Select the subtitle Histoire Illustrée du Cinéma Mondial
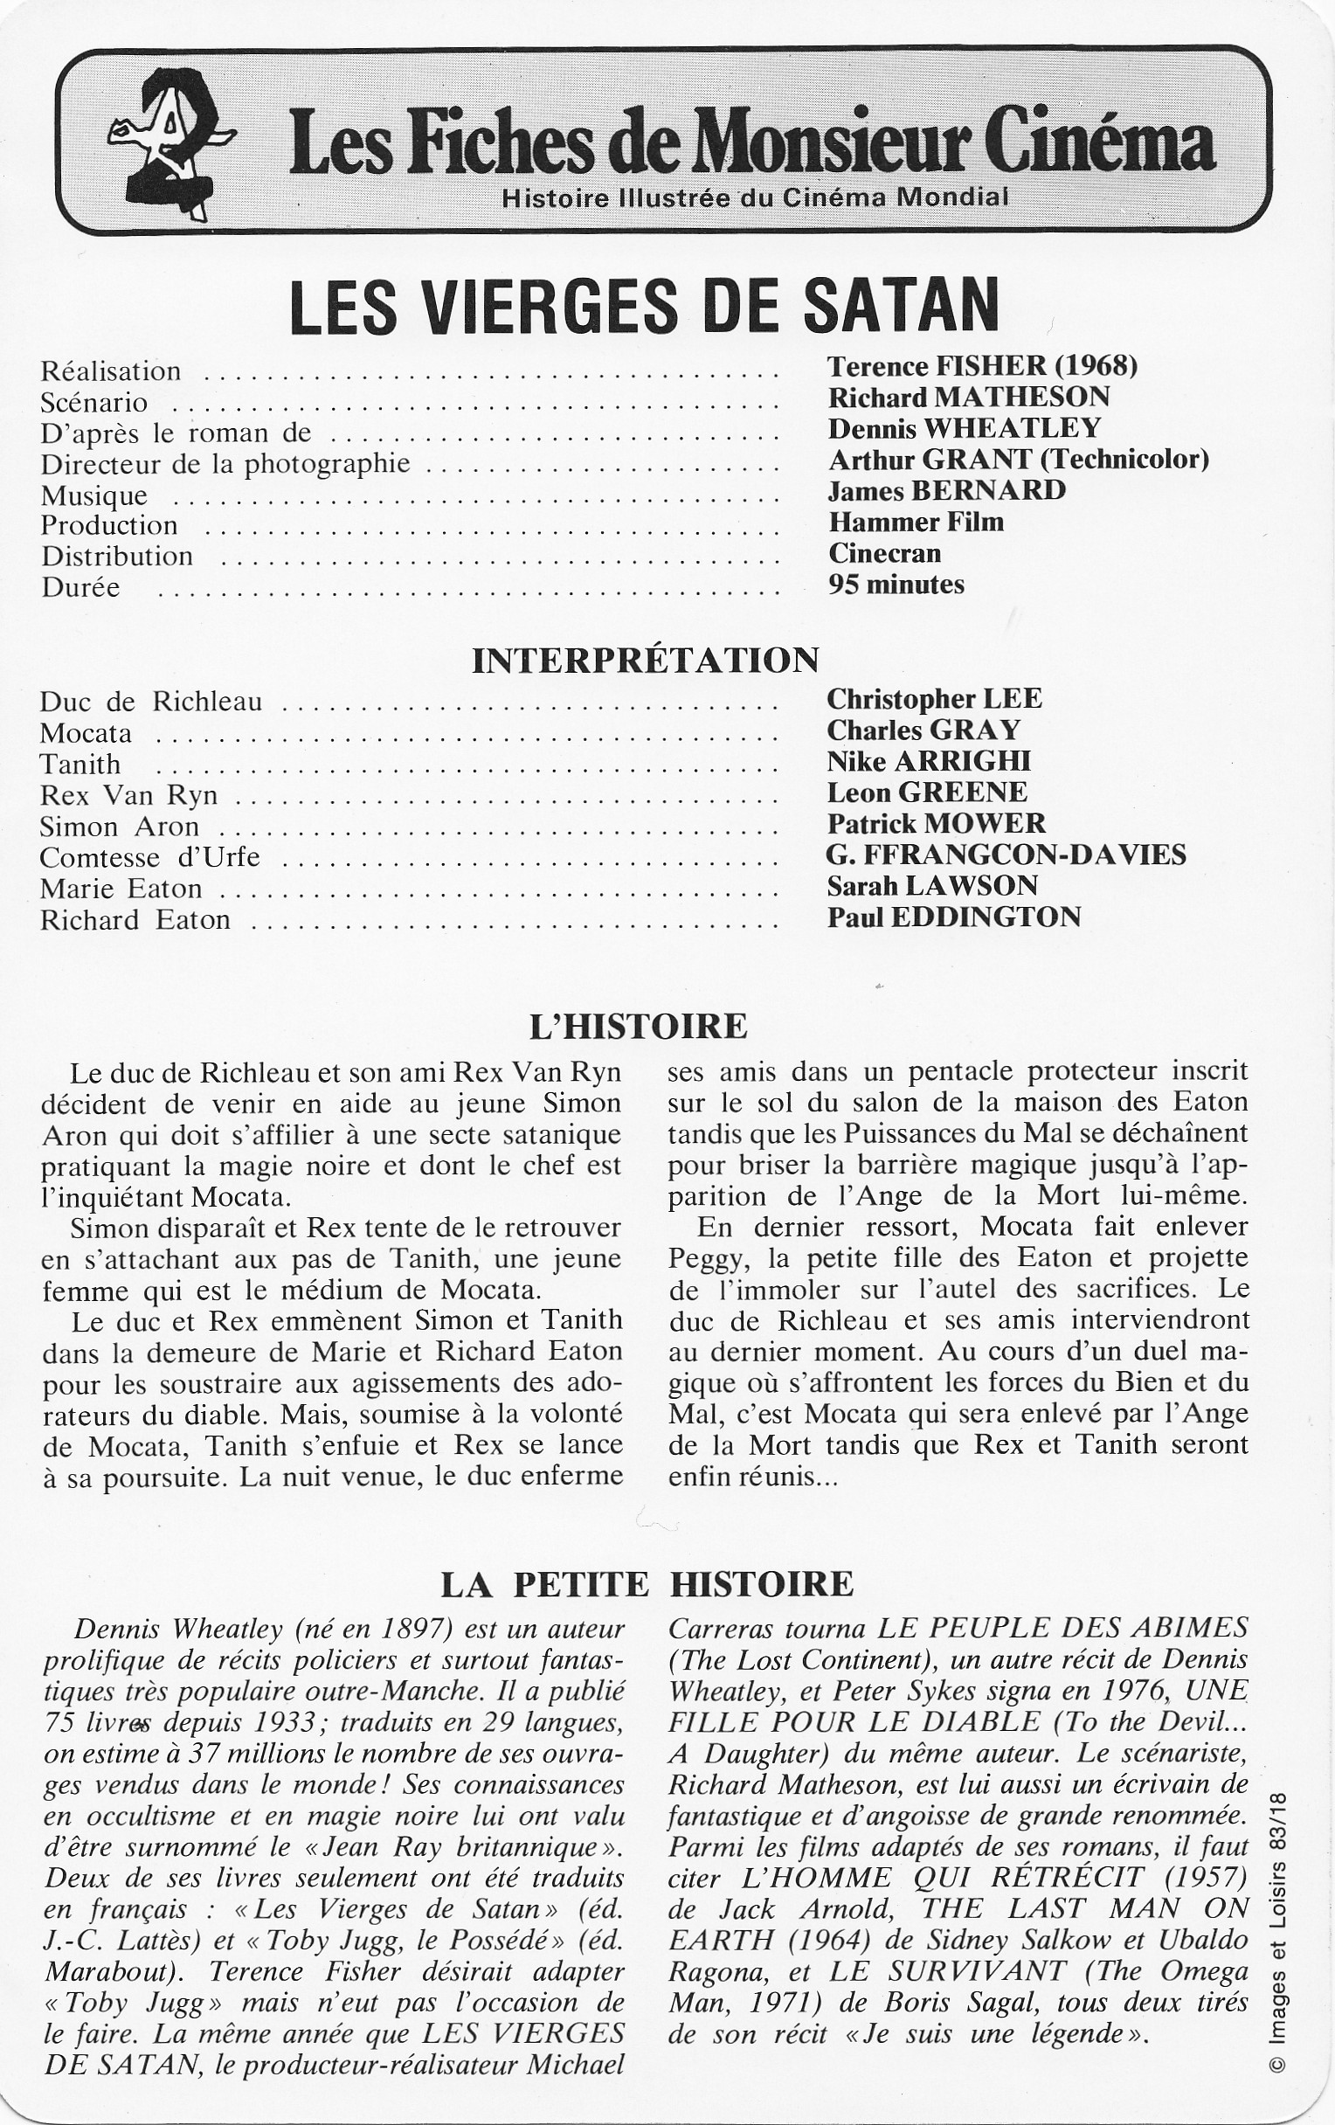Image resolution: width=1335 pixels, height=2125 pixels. click(754, 197)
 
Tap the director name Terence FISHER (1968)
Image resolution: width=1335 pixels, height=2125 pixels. click(982, 366)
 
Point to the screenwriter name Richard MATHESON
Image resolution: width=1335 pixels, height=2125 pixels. click(968, 397)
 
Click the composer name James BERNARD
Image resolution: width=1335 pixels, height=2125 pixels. click(946, 490)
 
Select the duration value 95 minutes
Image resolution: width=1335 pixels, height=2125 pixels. click(896, 585)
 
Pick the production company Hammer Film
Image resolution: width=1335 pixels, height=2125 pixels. click(916, 522)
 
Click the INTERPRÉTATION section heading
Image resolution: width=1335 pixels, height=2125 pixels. click(646, 661)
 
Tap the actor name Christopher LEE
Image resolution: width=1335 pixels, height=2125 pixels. click(934, 699)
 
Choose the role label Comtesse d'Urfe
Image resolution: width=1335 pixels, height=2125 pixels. click(150, 858)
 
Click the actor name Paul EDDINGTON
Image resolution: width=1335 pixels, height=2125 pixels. click(954, 917)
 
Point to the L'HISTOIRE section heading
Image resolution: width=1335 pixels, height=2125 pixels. click(638, 1027)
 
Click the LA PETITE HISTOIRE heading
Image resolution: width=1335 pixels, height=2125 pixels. click(647, 1584)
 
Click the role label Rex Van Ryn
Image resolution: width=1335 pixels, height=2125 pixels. click(128, 795)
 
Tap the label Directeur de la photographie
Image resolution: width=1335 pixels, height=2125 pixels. click(225, 464)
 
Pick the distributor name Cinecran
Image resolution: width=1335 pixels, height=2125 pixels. click(884, 553)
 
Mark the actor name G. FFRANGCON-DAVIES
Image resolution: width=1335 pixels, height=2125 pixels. click(1006, 855)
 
